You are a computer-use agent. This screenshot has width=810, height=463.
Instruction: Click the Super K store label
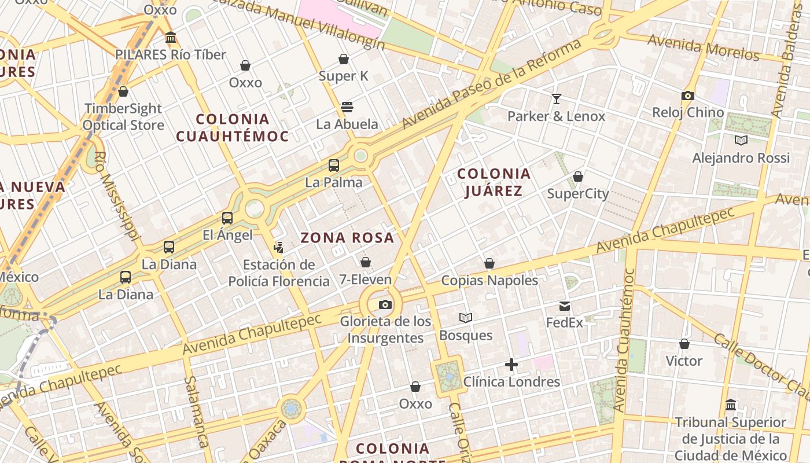pos(343,76)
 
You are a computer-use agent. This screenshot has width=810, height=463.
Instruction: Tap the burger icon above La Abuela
pos(347,106)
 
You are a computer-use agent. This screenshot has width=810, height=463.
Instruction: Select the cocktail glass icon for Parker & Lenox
pos(557,99)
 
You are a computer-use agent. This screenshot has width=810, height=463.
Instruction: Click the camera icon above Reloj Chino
pos(688,95)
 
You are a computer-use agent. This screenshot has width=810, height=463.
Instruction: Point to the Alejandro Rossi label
pos(741,158)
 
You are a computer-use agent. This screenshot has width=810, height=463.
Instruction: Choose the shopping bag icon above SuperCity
pos(578,177)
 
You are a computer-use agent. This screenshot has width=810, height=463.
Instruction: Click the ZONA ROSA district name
pos(347,237)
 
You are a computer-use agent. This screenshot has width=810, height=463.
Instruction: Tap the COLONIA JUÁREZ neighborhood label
pos(494,182)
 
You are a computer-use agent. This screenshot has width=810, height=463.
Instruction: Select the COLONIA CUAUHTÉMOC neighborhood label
pos(232,128)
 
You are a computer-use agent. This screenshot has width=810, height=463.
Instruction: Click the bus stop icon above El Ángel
pos(227,218)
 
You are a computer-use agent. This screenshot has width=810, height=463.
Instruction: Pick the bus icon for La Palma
pos(334,166)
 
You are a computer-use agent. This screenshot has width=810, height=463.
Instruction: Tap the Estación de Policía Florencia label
pos(279,273)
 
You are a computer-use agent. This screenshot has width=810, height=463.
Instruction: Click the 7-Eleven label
pos(365,280)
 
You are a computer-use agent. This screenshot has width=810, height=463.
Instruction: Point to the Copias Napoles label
pos(489,281)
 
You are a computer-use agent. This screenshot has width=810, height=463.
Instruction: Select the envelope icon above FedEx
pos(565,306)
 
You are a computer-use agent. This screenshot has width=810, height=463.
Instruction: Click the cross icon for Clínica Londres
pos(511,365)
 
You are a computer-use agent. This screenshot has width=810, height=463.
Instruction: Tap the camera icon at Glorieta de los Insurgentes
pos(385,304)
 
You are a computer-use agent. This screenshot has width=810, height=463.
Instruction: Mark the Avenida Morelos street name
pos(703,47)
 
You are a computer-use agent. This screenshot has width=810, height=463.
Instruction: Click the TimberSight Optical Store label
pos(123,116)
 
